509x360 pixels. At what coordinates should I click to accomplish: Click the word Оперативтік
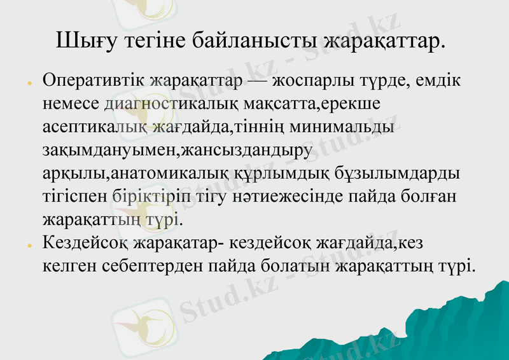(x=94, y=83)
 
